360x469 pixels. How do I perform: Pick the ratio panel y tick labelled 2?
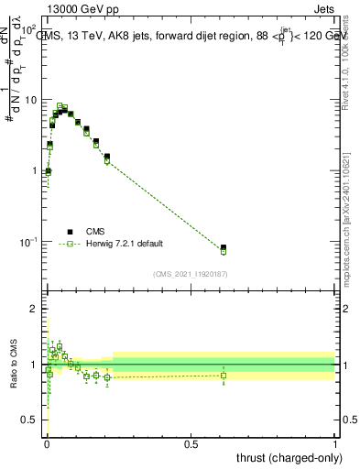click(33, 309)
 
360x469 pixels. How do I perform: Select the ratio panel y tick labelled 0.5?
click(28, 420)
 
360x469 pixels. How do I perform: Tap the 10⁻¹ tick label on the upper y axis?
click(28, 242)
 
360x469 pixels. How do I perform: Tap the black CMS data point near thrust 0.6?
click(224, 248)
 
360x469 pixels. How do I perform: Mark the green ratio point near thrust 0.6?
click(224, 375)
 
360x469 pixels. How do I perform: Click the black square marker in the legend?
click(69, 233)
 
